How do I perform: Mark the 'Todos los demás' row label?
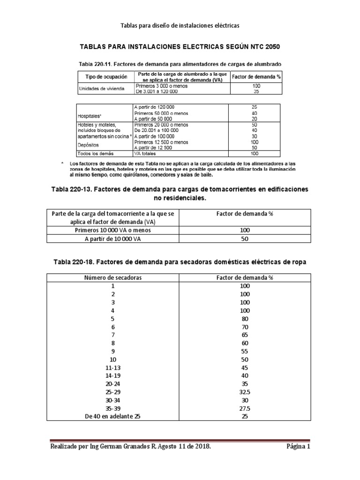[96, 153]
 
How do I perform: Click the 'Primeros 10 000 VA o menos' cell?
[113, 230]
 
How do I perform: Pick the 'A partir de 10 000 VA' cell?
[113, 239]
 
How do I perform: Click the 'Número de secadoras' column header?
[112, 277]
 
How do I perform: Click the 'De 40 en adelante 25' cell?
[112, 417]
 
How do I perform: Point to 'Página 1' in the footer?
[298, 447]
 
